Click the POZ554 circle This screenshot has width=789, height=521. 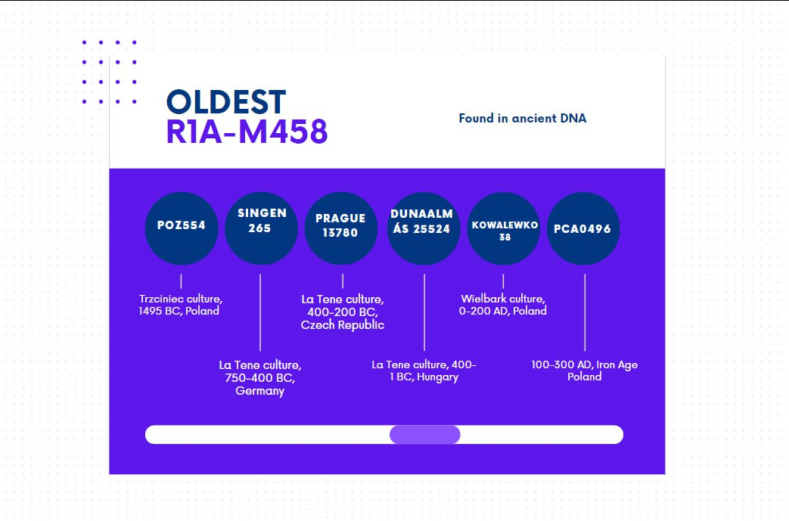pyautogui.click(x=182, y=228)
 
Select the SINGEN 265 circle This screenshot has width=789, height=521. pyautogui.click(x=261, y=228)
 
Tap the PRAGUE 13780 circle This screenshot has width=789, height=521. pyautogui.click(x=340, y=228)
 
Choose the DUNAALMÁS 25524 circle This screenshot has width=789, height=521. pyautogui.click(x=423, y=228)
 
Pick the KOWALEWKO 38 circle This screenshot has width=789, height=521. pyautogui.click(x=504, y=228)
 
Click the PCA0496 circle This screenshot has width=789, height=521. pyautogui.click(x=583, y=228)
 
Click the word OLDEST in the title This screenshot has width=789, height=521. pyautogui.click(x=226, y=102)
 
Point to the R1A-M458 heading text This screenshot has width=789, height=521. pyautogui.click(x=247, y=132)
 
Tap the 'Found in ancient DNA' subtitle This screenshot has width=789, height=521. pyautogui.click(x=522, y=118)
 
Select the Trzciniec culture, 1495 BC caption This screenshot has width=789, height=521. pyautogui.click(x=180, y=305)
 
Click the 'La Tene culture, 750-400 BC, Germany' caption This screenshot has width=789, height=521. pyautogui.click(x=259, y=377)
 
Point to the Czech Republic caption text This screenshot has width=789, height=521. pyautogui.click(x=342, y=325)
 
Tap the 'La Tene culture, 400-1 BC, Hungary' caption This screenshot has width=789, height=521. pyautogui.click(x=424, y=371)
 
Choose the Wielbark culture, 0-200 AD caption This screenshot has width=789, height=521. pyautogui.click(x=503, y=305)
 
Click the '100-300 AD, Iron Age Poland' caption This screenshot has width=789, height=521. pyautogui.click(x=584, y=371)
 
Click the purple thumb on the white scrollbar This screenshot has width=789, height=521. pyautogui.click(x=424, y=435)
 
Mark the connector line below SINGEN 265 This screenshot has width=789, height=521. pyautogui.click(x=260, y=312)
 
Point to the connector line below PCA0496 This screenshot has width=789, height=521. pyautogui.click(x=585, y=312)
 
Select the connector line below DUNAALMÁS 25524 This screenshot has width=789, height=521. pyautogui.click(x=424, y=312)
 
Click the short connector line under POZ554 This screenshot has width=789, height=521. pyautogui.click(x=181, y=281)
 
